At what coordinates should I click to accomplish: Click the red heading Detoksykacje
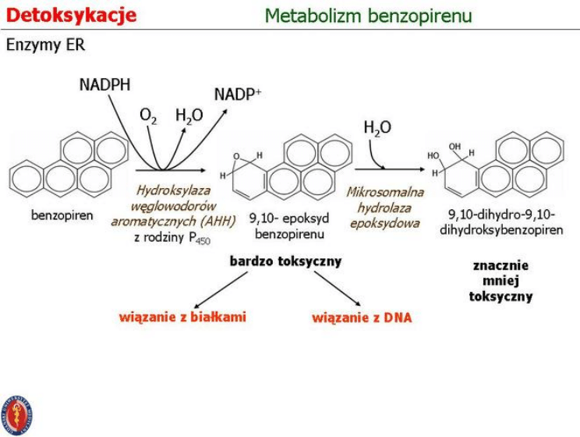click(71, 15)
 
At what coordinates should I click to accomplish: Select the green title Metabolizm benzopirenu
click(368, 16)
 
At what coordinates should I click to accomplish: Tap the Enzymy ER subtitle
click(45, 46)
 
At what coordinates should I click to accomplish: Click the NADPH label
click(105, 84)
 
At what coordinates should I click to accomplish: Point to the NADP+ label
click(238, 94)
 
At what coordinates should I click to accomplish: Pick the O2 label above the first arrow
click(148, 116)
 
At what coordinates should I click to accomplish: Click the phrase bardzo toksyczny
click(285, 261)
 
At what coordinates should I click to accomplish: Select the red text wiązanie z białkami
click(182, 317)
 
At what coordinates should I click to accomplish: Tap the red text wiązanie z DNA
click(362, 318)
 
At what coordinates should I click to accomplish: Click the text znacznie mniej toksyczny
click(501, 281)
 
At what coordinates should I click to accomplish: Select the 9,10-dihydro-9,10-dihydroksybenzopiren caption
click(500, 222)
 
